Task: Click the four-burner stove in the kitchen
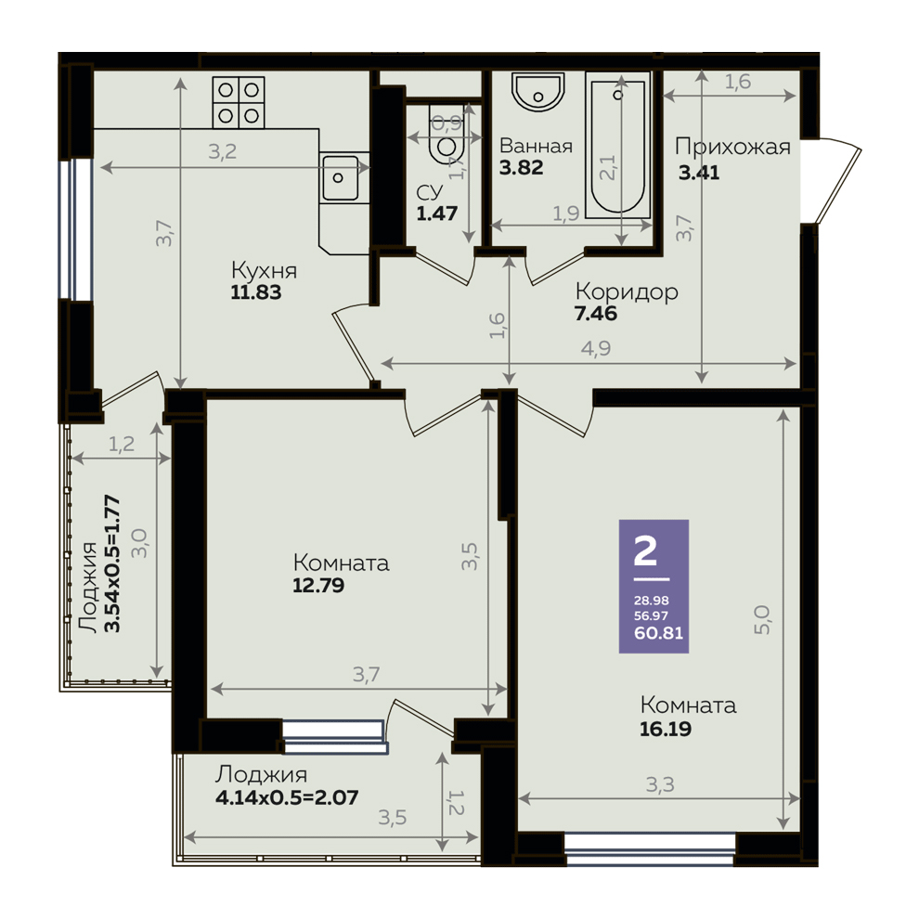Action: (239, 102)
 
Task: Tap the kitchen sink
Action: (340, 178)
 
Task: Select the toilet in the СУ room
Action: (446, 135)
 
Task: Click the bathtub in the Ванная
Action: (617, 146)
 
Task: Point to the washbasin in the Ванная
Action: (538, 91)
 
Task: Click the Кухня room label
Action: (265, 271)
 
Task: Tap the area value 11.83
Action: (256, 291)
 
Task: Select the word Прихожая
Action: (732, 147)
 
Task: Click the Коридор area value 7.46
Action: (595, 314)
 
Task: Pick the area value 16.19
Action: (666, 729)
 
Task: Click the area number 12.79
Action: (318, 585)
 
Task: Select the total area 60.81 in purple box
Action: (659, 633)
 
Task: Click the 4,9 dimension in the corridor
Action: (596, 349)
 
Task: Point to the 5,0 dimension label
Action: (762, 620)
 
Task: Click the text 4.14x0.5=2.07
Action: (287, 797)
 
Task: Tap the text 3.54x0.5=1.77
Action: (112, 563)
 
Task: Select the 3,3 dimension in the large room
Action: (661, 784)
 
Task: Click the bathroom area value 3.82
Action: (521, 168)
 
